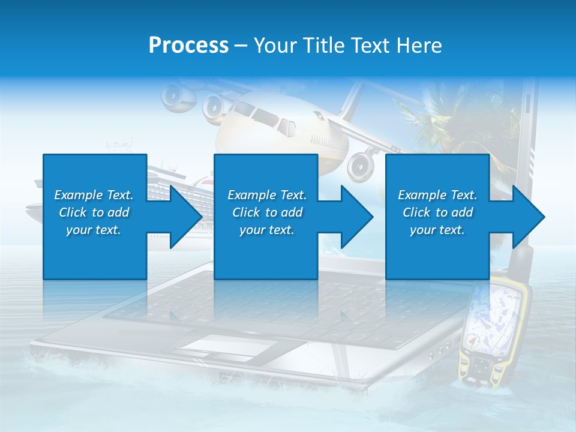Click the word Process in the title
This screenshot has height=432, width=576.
pyautogui.click(x=188, y=46)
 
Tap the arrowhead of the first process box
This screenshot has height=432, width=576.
pyautogui.click(x=186, y=217)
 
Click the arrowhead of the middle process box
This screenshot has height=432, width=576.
pyautogui.click(x=357, y=217)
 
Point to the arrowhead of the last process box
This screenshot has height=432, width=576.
pyautogui.click(x=529, y=217)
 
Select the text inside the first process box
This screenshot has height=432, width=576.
pyautogui.click(x=94, y=212)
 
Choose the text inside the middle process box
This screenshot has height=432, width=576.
pyautogui.click(x=266, y=212)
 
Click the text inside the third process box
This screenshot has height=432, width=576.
pyautogui.click(x=437, y=212)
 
